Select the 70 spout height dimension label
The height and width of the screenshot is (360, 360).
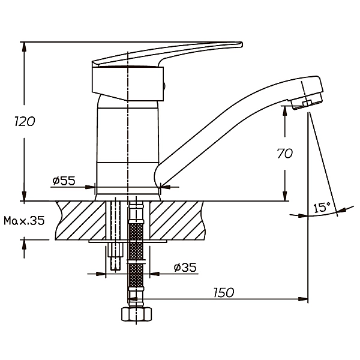[285, 153]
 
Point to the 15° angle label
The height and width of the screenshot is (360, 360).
[322, 208]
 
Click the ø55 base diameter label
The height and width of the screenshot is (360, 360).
[64, 180]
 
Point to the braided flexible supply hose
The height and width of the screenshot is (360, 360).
[136, 252]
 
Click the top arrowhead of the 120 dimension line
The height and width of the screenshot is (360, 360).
[24, 46]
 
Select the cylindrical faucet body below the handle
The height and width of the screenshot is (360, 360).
[127, 144]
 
